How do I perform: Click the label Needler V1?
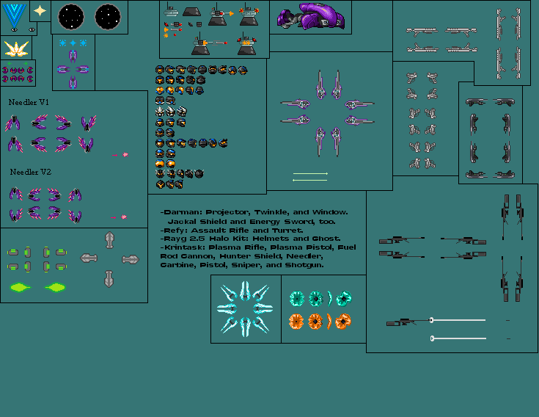click(29, 102)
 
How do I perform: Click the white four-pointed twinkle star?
click(40, 11)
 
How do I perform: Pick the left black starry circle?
click(71, 15)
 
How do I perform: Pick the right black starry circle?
click(107, 15)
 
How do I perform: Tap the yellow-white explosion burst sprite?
click(16, 48)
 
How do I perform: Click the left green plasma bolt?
click(21, 286)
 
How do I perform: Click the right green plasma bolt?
click(56, 286)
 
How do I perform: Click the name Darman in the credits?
click(180, 212)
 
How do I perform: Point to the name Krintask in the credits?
click(184, 247)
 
